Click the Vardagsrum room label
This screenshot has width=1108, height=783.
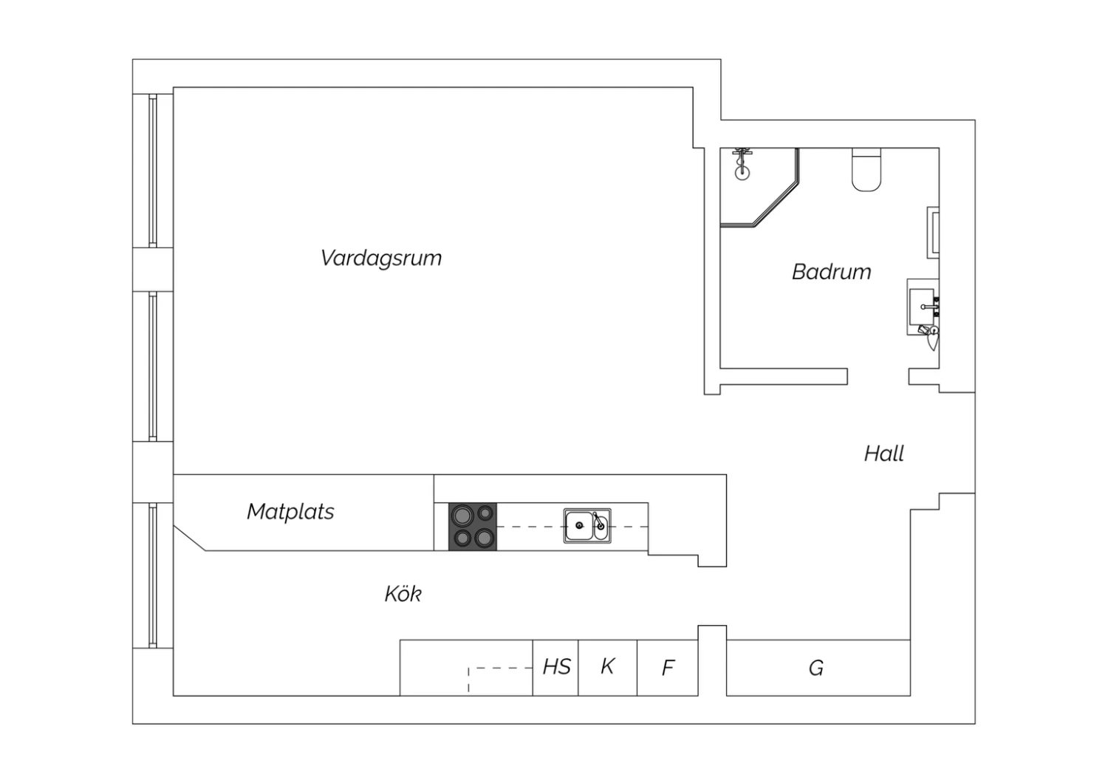click(x=381, y=259)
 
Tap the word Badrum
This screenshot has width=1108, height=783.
click(x=832, y=272)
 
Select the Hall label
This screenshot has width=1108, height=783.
click(x=884, y=453)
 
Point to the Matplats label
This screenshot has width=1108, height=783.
click(x=290, y=511)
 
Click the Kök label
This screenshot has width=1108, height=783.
click(x=403, y=593)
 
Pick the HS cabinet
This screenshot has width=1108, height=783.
click(x=555, y=668)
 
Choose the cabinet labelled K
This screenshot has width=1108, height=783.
click(x=607, y=668)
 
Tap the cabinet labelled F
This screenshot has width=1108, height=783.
click(x=668, y=668)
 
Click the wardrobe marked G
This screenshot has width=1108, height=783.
click(x=818, y=668)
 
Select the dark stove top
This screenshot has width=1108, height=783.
click(x=473, y=527)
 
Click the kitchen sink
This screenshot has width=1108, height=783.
click(x=587, y=526)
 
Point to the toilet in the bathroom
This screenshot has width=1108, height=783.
click(x=866, y=169)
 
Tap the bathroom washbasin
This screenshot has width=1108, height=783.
click(x=923, y=307)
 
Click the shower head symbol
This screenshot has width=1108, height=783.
click(x=742, y=163)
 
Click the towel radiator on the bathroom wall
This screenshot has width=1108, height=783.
click(x=933, y=233)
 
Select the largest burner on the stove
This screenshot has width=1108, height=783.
click(x=462, y=516)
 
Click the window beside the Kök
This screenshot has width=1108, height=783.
click(x=153, y=575)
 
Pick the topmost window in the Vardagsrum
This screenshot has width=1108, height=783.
click(x=153, y=171)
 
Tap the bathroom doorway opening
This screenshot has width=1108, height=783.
click(x=878, y=377)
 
